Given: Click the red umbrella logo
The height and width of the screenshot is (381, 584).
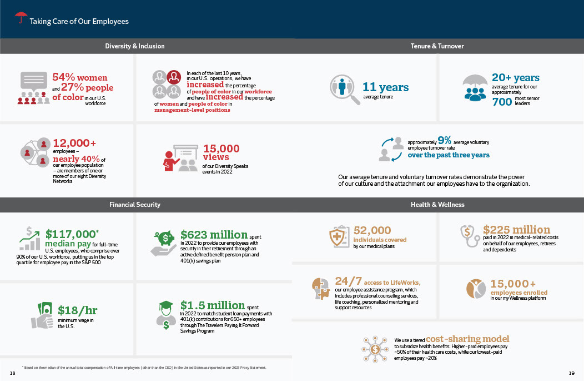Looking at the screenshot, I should (21, 18).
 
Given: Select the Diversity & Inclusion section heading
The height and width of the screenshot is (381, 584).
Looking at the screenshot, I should (135, 46).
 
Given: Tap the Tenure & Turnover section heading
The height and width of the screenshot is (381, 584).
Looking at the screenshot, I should (437, 46).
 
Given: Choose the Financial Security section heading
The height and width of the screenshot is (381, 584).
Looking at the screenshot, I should (135, 205).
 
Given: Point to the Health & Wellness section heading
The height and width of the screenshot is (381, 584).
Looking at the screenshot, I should (437, 205).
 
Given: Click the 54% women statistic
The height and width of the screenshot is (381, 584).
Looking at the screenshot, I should (80, 78).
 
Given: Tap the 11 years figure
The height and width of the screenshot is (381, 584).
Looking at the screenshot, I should (385, 87).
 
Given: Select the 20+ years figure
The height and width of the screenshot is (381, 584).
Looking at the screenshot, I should (515, 78).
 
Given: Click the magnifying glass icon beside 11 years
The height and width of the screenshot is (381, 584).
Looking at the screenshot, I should (344, 88).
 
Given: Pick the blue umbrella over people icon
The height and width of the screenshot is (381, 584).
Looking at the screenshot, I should (475, 87).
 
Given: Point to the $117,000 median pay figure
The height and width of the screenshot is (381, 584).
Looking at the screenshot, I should (71, 235).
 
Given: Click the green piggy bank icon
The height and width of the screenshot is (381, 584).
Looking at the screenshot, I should (165, 240).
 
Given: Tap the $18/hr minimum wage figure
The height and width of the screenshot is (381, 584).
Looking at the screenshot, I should (77, 310).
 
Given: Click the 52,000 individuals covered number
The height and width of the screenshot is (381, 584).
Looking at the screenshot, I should (372, 230).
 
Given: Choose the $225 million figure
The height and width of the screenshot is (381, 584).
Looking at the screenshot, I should (517, 230).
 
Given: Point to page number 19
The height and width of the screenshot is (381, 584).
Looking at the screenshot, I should (572, 372).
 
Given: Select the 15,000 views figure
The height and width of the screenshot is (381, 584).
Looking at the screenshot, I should (221, 149).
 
